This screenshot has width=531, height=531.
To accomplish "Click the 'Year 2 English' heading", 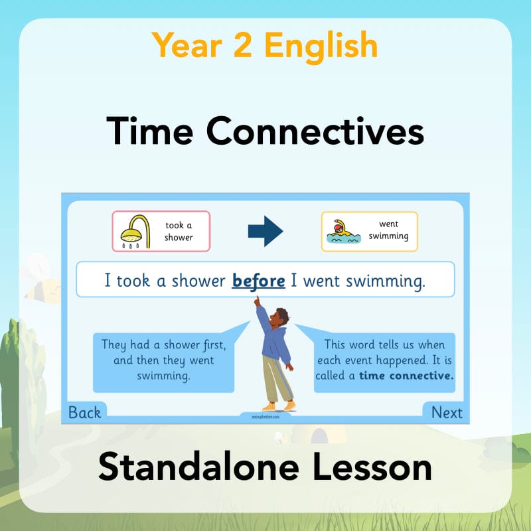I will click(265, 45).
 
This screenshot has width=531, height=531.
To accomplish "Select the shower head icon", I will click(135, 230).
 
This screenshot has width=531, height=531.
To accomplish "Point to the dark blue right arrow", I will click(265, 230).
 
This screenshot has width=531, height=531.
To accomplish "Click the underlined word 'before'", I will click(259, 281).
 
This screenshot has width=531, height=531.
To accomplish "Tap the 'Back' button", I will click(84, 413).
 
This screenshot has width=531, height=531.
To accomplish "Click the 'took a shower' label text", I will click(179, 231).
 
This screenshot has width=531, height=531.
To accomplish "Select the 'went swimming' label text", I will click(389, 231).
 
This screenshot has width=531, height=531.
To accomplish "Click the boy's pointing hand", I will click(256, 302).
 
